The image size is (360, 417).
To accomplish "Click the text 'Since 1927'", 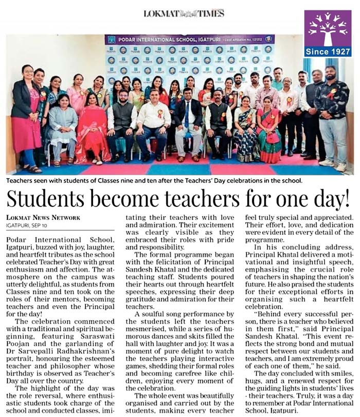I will [328, 52].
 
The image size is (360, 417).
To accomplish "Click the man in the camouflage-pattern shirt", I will [331, 113].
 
